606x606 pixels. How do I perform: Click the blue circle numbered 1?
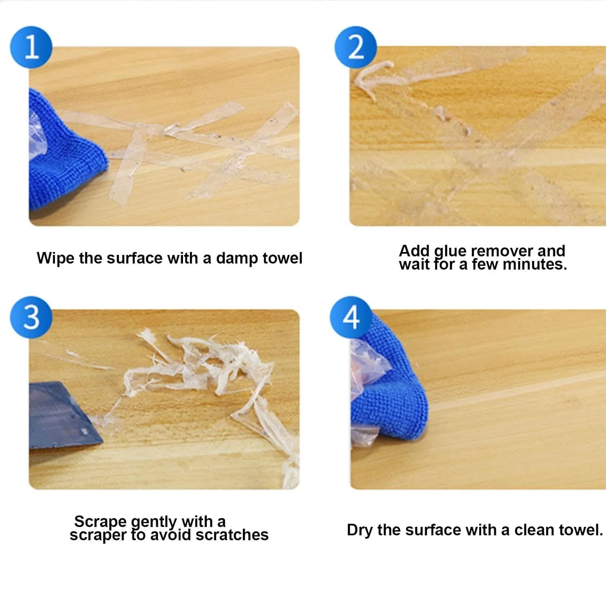(31, 47)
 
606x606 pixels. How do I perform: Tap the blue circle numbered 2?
(356, 47)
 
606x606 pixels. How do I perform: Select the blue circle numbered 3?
(31, 317)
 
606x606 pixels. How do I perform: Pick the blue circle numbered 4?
(351, 317)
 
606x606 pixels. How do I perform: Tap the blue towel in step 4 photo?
(394, 388)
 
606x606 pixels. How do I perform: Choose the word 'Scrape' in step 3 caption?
(101, 522)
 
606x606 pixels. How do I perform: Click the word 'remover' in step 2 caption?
(502, 251)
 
